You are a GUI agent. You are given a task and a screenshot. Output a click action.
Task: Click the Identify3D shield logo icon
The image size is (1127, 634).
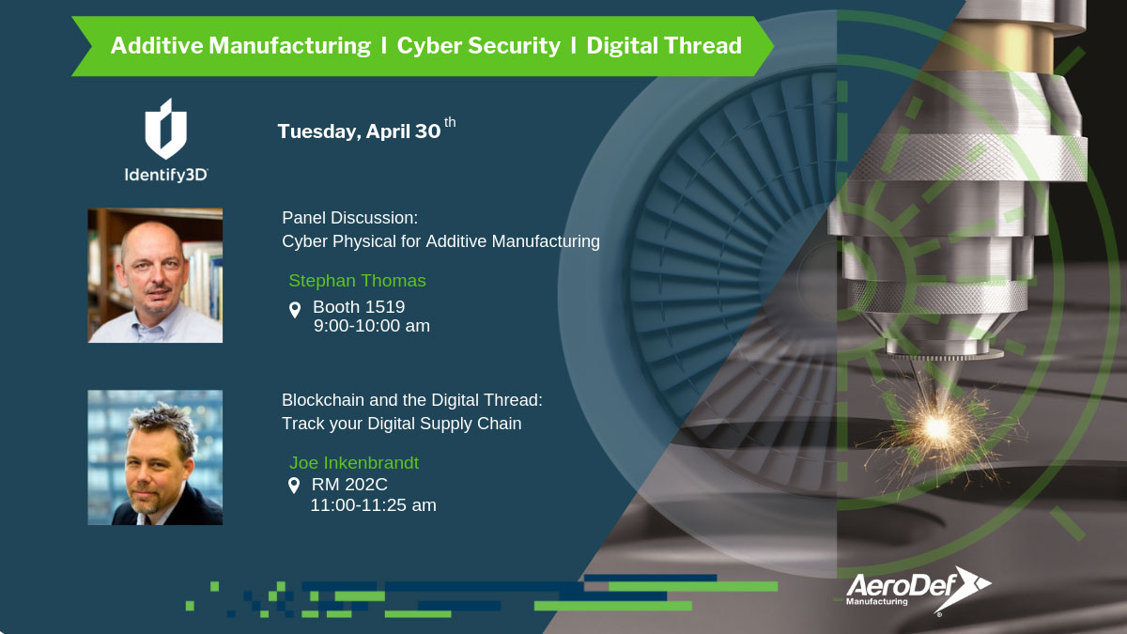166,129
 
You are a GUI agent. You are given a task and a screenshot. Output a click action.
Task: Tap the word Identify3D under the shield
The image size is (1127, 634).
166,175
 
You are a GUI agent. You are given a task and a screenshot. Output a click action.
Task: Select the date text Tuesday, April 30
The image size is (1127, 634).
359,131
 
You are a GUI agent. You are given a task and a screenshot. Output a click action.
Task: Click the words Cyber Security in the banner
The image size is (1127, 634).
478,46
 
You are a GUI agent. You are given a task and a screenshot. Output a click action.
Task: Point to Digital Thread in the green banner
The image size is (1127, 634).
664,46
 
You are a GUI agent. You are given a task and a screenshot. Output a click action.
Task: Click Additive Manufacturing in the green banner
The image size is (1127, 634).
240,46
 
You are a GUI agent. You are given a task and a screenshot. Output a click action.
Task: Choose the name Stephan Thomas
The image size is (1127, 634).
357,280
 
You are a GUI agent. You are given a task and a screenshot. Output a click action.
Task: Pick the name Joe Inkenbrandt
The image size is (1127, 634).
354,462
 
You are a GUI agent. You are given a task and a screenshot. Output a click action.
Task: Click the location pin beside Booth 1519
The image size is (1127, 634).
295,309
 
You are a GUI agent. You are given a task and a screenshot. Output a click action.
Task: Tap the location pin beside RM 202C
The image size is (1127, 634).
294,485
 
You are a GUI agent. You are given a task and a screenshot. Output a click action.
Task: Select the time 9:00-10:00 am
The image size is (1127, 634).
372,326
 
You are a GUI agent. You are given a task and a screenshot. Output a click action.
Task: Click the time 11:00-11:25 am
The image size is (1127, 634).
374,504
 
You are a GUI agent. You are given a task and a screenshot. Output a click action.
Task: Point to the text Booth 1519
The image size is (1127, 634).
359,306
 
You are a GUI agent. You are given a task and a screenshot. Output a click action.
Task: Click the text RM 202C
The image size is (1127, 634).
349,484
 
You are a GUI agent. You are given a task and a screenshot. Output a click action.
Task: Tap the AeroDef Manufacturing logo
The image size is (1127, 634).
919,590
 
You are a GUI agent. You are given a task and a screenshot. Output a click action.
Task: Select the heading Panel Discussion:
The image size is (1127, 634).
349,218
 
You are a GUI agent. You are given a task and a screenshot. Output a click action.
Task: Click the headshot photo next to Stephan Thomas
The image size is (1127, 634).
155,276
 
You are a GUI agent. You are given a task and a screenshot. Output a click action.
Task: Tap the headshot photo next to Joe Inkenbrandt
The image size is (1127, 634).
155,457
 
